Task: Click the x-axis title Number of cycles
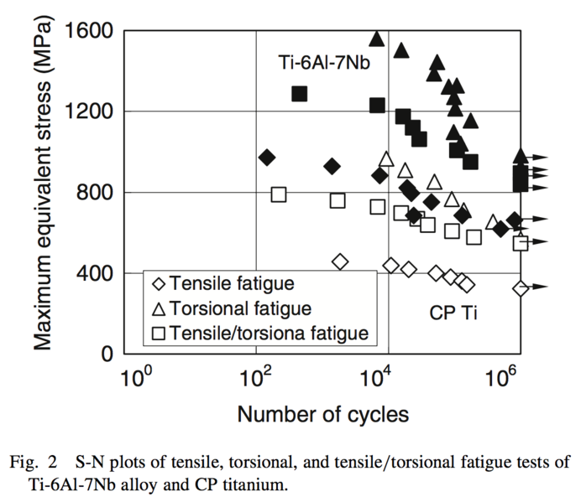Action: click(x=322, y=414)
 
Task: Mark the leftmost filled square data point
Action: click(x=300, y=93)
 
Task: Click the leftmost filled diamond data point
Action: click(x=267, y=157)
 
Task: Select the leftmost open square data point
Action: click(x=279, y=194)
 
